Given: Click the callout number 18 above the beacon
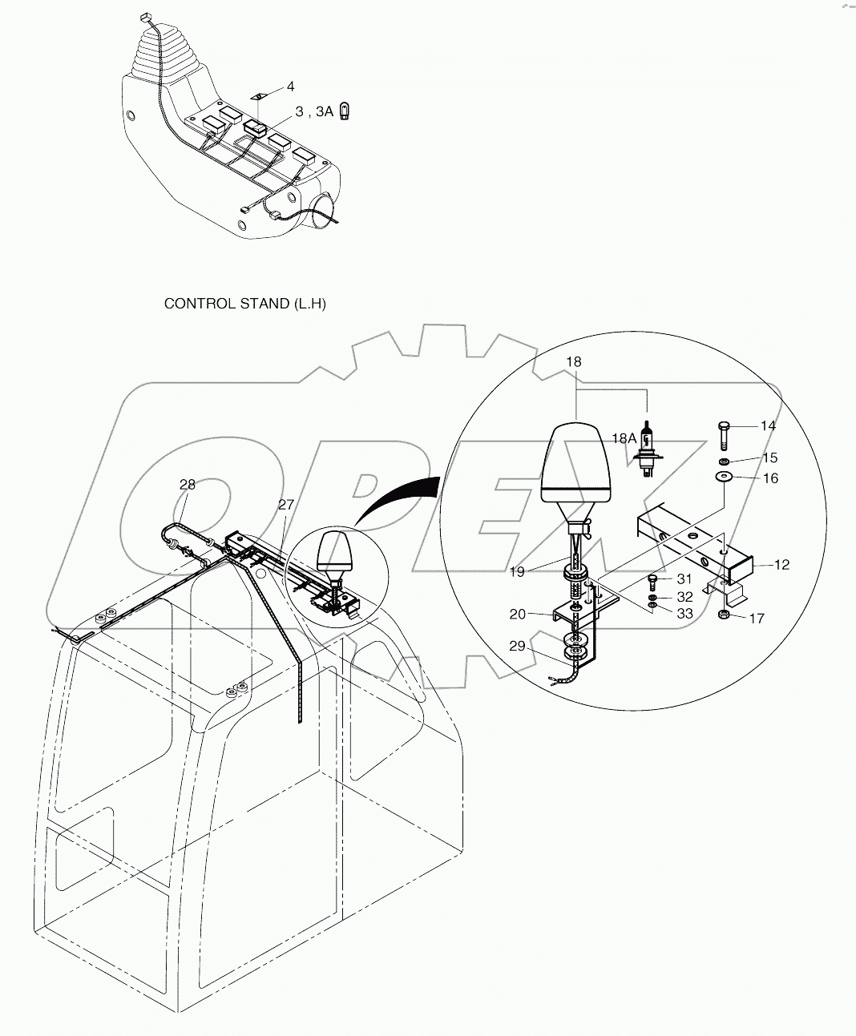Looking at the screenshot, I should pos(573,362).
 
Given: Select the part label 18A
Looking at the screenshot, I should pos(624,438).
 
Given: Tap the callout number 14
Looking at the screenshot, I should pos(768,425).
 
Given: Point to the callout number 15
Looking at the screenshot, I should pos(769,458).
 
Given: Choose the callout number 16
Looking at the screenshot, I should pos(769,478).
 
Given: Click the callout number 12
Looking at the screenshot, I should pos(781,565).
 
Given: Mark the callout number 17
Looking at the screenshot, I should pos(756,618).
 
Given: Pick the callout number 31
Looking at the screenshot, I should pos(684,579).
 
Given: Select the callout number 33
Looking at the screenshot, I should pos(684,614).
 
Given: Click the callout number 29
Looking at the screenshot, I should pos(517,645).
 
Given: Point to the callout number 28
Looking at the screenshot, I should pos(187,485).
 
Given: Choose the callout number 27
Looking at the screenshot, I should pos(285,505).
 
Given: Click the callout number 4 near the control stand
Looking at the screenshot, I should pos(290,86).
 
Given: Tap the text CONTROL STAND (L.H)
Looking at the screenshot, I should pos(244,304).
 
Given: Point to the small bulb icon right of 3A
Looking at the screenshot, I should pos(345,111).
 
